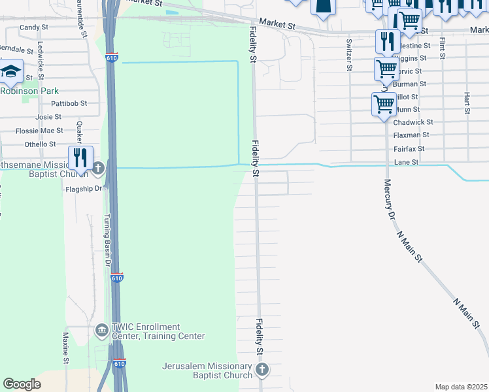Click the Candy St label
34,27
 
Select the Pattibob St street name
69,103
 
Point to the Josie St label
48,117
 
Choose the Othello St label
40,144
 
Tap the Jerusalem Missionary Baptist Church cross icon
262,370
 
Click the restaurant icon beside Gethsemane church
80,157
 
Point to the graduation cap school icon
11,72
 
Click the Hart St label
467,102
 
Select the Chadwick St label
413,122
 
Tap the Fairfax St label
411,148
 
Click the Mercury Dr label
389,199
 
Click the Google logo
22,384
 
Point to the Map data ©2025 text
461,387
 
